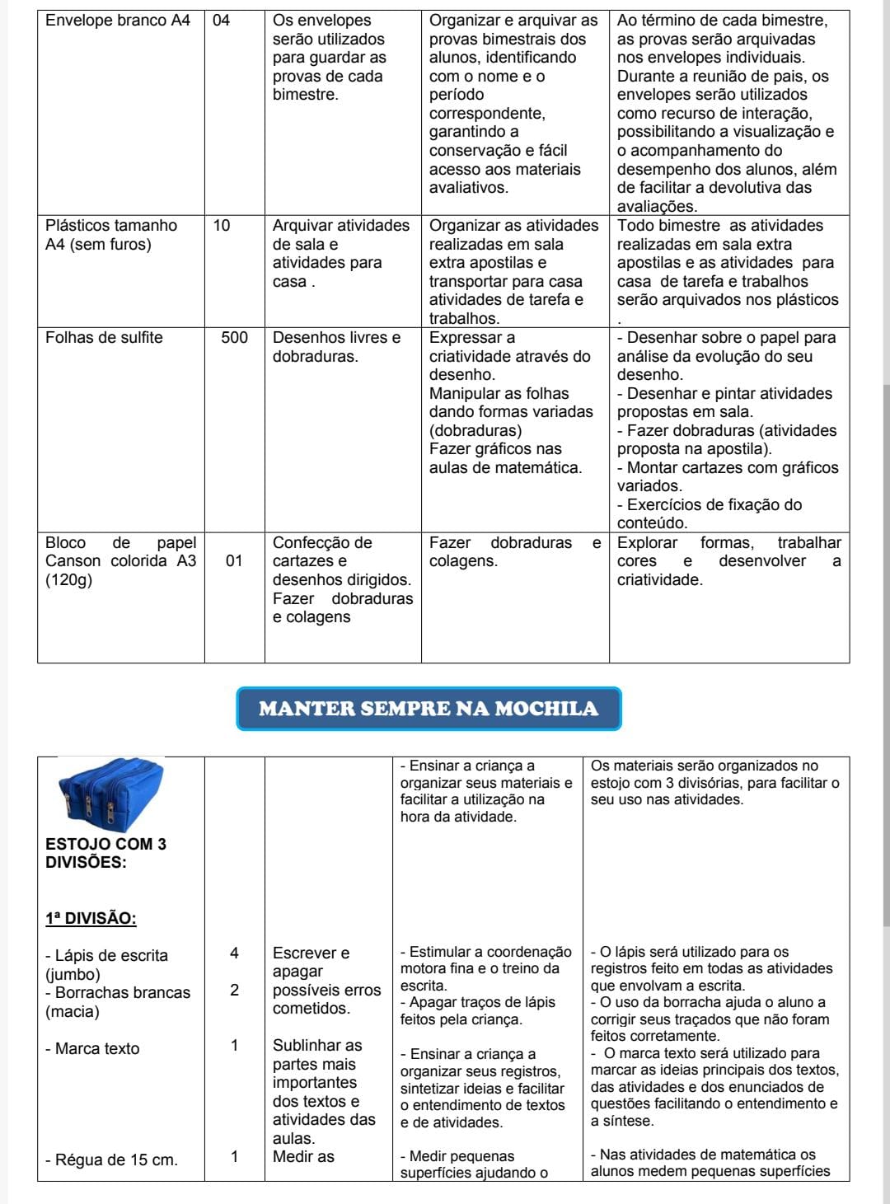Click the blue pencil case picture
(110, 794)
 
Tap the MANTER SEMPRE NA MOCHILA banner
(429, 709)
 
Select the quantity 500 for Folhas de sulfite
(234, 337)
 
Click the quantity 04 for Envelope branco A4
(222, 21)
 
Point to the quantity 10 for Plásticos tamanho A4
(222, 226)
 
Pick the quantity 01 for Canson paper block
(234, 561)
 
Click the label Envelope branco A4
(117, 21)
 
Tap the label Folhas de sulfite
(104, 337)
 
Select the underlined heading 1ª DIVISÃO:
(91, 918)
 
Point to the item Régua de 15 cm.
(110, 1159)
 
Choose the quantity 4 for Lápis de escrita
(234, 953)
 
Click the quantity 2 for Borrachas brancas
(234, 991)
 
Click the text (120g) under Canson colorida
(68, 580)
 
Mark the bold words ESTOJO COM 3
(105, 844)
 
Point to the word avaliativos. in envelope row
(469, 188)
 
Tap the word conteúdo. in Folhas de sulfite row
(652, 523)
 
